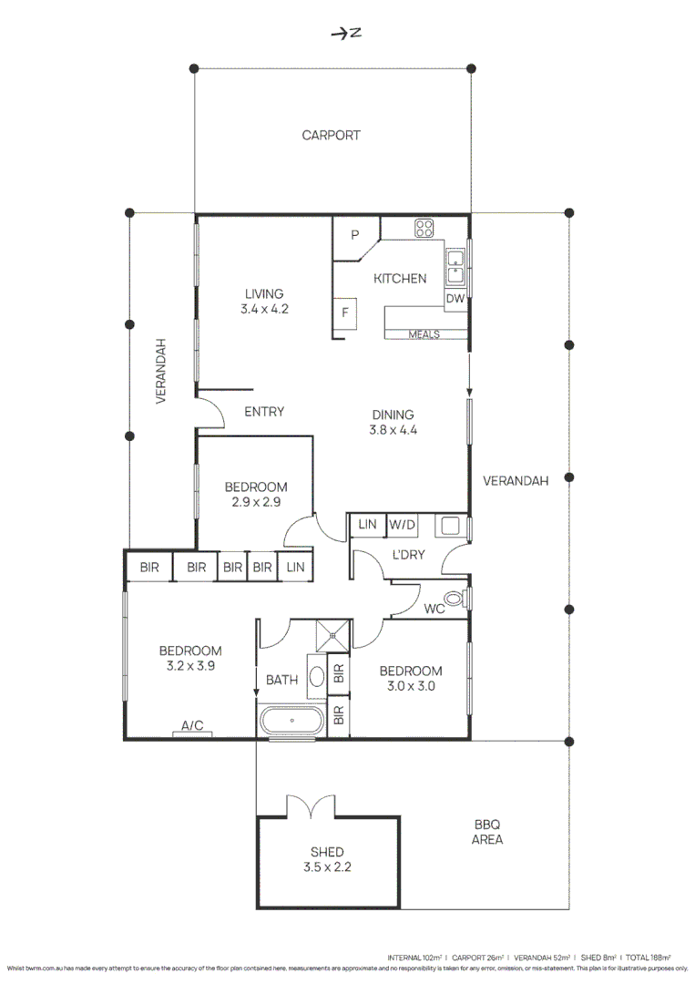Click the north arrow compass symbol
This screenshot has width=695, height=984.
click(x=346, y=34)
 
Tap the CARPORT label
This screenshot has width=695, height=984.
click(x=332, y=136)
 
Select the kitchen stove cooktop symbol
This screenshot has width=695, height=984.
click(x=424, y=228)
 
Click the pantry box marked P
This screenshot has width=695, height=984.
click(x=355, y=235)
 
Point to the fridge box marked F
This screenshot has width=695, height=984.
click(x=345, y=313)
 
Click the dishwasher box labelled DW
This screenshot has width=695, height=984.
click(x=455, y=299)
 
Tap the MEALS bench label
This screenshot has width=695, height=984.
click(x=424, y=334)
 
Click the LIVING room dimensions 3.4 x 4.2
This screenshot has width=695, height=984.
click(x=264, y=309)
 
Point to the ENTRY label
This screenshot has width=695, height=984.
click(x=264, y=412)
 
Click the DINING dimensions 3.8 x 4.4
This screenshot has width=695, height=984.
click(x=393, y=430)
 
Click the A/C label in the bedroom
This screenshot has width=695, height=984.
click(x=192, y=726)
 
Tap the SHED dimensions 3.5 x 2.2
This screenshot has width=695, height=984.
click(x=327, y=867)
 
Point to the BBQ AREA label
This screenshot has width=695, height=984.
click(x=487, y=833)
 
